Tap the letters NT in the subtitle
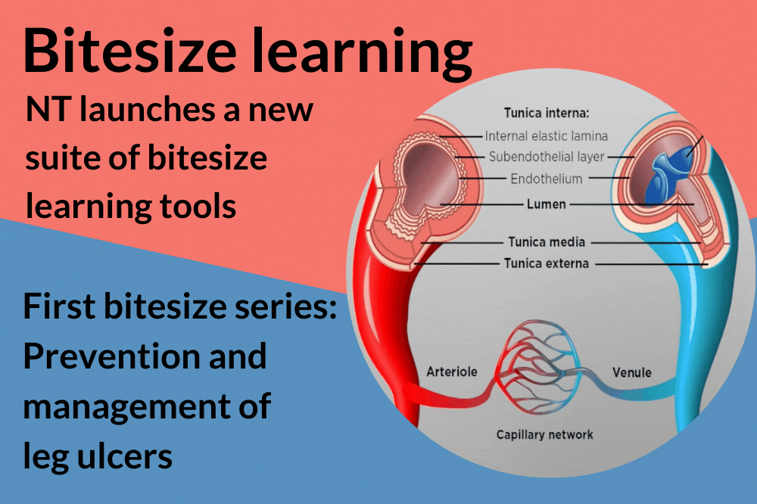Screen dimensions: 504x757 coord(45,110)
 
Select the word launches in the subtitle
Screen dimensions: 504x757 coord(136,110)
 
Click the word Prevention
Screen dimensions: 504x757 coord(145,355)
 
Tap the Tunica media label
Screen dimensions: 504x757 coord(545,242)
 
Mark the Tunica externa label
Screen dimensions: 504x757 coord(547,263)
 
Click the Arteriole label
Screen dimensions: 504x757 coord(451,372)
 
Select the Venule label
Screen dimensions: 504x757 coord(631,372)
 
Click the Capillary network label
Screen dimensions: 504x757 coord(544,434)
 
